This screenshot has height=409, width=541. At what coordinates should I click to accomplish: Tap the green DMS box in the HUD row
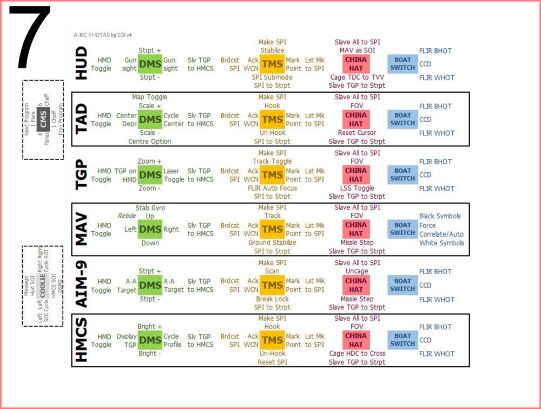(x=150, y=64)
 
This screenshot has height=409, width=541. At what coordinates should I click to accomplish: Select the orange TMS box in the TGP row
(x=272, y=174)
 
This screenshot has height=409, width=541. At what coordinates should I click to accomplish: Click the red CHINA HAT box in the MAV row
(x=355, y=229)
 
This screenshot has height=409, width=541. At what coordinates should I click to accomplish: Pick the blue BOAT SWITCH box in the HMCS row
(x=403, y=340)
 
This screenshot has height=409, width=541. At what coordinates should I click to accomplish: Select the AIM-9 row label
(x=81, y=284)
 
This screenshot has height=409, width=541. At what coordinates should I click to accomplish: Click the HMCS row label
(x=81, y=340)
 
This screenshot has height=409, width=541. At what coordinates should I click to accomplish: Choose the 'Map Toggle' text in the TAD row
(x=149, y=97)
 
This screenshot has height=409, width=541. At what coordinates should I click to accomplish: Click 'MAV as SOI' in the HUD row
(x=357, y=51)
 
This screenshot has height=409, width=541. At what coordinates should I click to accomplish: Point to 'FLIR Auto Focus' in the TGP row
(x=272, y=189)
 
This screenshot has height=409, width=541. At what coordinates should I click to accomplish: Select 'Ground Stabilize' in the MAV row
(x=272, y=243)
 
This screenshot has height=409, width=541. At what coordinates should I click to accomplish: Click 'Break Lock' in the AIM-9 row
(x=272, y=299)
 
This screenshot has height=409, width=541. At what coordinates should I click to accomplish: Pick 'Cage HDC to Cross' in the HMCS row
(x=357, y=354)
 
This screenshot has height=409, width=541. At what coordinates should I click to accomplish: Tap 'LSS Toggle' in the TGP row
(x=357, y=188)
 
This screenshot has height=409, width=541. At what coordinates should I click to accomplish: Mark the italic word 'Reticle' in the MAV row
(x=127, y=216)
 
